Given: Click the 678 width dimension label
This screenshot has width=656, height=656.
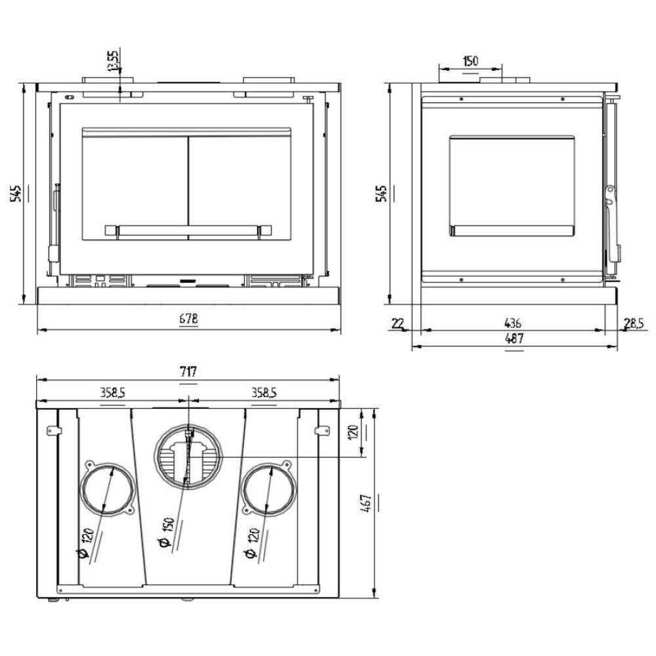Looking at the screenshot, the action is pyautogui.click(x=188, y=319).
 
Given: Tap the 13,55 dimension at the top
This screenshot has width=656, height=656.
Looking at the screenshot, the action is pyautogui.click(x=113, y=60).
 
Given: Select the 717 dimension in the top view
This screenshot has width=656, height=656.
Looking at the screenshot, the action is pyautogui.click(x=188, y=371).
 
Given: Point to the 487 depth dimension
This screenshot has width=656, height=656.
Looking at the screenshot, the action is pyautogui.click(x=514, y=338).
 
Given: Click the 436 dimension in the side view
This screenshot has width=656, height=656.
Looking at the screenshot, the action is pyautogui.click(x=512, y=323).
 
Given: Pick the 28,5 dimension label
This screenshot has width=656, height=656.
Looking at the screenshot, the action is pyautogui.click(x=634, y=323).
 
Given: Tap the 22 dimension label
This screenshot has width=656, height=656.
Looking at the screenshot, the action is pyautogui.click(x=398, y=323).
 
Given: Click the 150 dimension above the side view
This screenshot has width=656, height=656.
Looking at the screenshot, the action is pyautogui.click(x=470, y=61).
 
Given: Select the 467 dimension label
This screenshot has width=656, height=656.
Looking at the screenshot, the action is pyautogui.click(x=365, y=503).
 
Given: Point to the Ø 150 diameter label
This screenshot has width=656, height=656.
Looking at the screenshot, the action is pyautogui.click(x=167, y=533).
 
